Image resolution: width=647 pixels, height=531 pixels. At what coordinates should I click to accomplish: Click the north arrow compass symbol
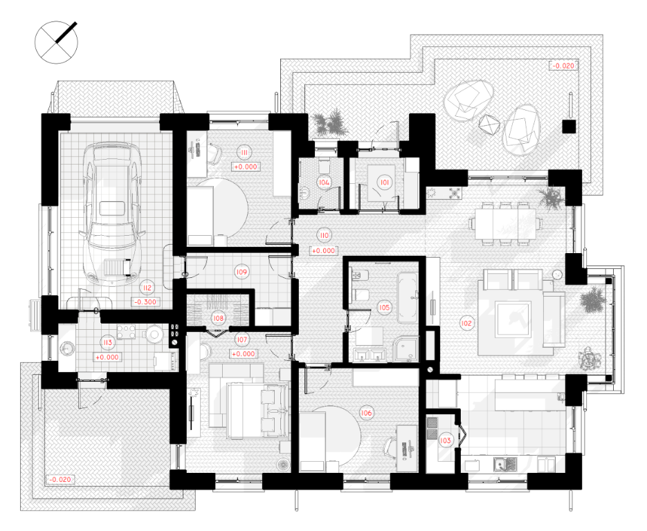(x=56, y=42)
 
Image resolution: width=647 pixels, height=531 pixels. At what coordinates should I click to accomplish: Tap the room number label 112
(x=147, y=288)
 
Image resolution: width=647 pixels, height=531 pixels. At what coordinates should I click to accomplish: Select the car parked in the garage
(x=113, y=214)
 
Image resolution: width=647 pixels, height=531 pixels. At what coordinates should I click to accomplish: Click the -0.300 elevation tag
(x=145, y=301)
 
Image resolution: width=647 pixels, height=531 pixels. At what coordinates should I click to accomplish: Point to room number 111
(x=244, y=153)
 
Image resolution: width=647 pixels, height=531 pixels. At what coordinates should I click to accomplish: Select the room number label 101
(x=385, y=183)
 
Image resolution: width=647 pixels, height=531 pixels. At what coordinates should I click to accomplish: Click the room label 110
(x=325, y=235)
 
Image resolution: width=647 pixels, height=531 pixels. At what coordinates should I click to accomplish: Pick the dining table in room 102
(x=505, y=224)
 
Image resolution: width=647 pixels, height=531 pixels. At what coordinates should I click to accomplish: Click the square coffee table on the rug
(x=513, y=319)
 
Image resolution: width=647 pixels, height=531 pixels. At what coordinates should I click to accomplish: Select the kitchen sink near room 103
(x=505, y=465)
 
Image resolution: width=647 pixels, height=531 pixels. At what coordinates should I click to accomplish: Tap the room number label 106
(x=366, y=413)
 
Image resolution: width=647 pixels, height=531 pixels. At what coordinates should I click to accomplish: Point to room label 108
(x=218, y=318)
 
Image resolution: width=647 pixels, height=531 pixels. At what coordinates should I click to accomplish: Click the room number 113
(x=108, y=343)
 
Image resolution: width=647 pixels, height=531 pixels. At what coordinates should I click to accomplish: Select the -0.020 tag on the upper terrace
(x=563, y=66)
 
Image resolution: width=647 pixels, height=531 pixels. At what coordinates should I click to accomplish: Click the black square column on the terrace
(x=569, y=127)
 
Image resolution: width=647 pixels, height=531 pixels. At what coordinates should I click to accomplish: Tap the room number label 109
(x=242, y=272)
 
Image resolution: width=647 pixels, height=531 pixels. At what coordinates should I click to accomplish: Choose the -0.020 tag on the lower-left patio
(x=60, y=479)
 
